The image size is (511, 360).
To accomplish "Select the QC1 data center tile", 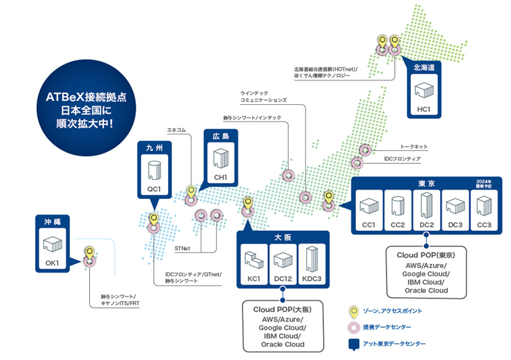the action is point(154,174).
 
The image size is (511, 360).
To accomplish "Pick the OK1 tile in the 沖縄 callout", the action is point(53,249).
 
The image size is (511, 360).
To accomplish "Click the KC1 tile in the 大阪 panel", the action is point(254,264).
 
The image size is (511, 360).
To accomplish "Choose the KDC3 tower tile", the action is point(312,264).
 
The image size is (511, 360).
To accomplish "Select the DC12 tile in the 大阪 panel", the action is point(283,264).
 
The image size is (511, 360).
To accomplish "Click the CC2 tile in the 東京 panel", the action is point(398,210).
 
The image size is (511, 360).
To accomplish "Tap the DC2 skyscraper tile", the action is point(427,210).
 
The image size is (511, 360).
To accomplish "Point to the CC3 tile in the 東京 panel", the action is point(484,210).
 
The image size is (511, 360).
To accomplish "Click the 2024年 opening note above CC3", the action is point(483,184).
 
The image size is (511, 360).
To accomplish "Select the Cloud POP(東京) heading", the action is point(426,255).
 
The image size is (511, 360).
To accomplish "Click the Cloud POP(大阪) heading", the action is point(283,309).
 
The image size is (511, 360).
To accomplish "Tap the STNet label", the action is point(182,249).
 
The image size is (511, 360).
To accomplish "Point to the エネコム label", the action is point(176,130).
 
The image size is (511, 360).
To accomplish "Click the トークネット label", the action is point(414,147).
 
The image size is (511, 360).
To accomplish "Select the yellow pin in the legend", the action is point(354,312).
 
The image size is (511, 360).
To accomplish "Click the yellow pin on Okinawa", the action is point(89,253).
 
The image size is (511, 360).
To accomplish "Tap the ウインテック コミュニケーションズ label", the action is point(264,97).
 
